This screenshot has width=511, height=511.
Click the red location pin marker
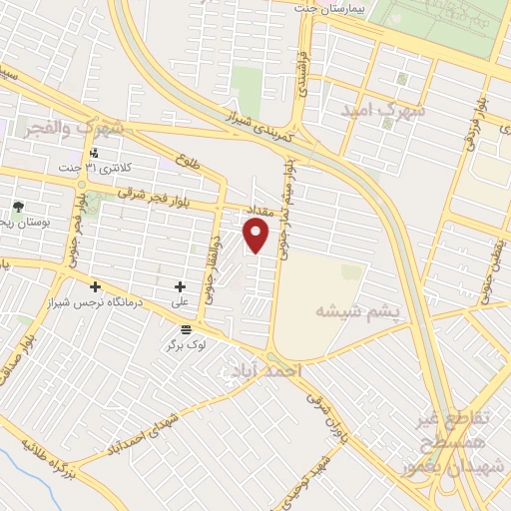coord(256,236)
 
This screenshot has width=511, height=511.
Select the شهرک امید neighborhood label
coord(385,110)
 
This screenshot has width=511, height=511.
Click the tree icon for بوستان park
coord(18,207)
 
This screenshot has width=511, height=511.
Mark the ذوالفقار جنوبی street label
coord(211,255)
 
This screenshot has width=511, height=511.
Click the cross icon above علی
coord(180,287)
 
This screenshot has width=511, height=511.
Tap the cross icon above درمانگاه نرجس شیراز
coord(95,287)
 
